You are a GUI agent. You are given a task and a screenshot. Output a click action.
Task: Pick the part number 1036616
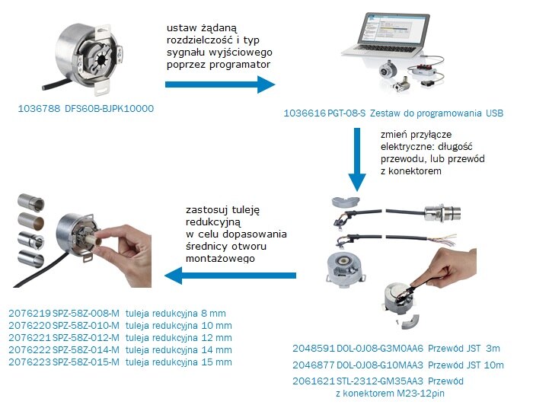(x=303, y=113)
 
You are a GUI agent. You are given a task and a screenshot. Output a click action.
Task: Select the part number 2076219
(x=29, y=314)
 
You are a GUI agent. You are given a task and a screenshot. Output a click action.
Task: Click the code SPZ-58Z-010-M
(x=85, y=326)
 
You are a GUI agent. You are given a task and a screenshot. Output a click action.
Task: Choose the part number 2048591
(x=314, y=348)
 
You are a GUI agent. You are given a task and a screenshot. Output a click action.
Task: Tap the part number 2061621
(x=314, y=380)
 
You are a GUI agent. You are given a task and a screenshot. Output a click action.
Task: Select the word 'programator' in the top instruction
(x=236, y=67)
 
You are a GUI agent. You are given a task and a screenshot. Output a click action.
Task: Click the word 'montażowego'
(x=221, y=259)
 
